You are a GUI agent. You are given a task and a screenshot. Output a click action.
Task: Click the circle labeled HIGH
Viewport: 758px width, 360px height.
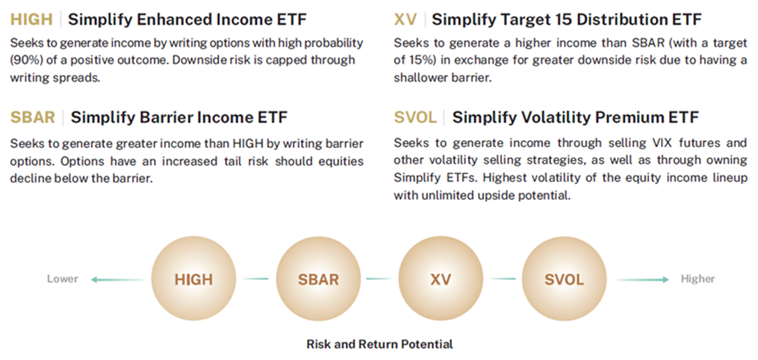[x=193, y=280]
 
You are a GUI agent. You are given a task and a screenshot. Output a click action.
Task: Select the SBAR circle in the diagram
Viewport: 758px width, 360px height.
[x=318, y=280]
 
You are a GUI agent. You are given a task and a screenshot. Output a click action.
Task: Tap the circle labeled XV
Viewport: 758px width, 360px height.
[x=441, y=280]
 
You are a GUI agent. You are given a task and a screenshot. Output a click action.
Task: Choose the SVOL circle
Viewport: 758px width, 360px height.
[x=564, y=280]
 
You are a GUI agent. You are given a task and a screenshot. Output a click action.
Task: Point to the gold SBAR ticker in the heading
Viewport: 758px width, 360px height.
[x=32, y=117]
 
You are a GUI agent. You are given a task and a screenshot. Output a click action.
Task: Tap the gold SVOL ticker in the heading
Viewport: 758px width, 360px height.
[x=416, y=117]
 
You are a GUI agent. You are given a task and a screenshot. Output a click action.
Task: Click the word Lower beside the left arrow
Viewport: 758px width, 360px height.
[x=62, y=279]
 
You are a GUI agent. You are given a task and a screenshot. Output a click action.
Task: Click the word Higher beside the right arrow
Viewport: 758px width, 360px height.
[x=698, y=279]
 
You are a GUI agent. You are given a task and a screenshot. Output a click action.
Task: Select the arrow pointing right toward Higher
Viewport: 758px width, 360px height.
[x=643, y=279]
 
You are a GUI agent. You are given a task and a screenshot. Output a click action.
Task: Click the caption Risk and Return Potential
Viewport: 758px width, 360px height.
[x=379, y=344]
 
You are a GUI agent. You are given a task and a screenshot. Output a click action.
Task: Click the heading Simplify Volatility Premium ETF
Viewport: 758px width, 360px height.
[x=575, y=117]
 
